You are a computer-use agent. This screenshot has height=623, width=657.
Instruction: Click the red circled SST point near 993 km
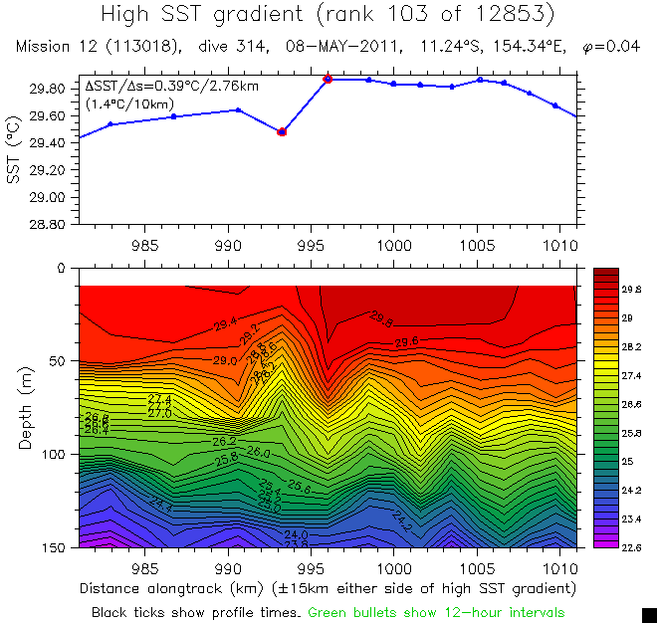click(x=282, y=131)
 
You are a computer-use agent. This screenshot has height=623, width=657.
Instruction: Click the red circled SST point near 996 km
click(x=328, y=79)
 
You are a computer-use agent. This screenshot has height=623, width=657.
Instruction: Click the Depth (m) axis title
click(x=25, y=407)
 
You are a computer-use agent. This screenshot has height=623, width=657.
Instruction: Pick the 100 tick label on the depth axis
click(x=52, y=455)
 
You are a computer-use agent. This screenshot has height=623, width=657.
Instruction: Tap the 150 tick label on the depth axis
click(x=52, y=547)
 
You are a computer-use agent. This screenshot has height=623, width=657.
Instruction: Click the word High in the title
click(x=131, y=15)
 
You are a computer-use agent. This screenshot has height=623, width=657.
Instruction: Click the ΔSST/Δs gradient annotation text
click(x=172, y=87)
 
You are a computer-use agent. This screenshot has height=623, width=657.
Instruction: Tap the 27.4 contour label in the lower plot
click(x=159, y=399)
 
